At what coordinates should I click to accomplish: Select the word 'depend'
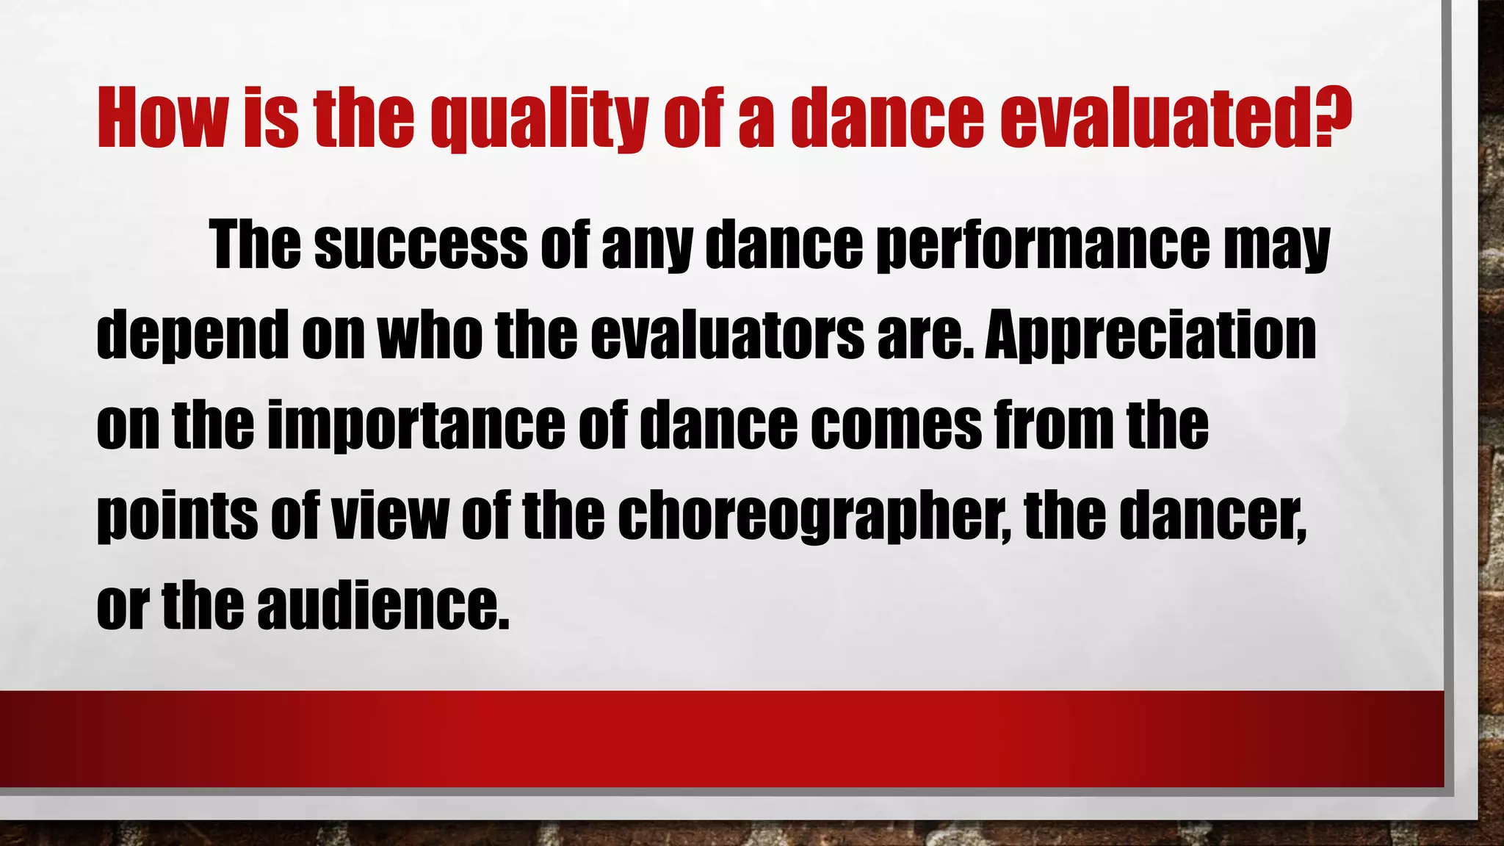point(192,336)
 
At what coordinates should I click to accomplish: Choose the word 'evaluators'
point(728,336)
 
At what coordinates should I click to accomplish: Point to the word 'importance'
point(416,426)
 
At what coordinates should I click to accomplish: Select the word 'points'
point(177,516)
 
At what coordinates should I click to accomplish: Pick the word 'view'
point(389,515)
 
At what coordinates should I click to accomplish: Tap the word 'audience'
point(382,607)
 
